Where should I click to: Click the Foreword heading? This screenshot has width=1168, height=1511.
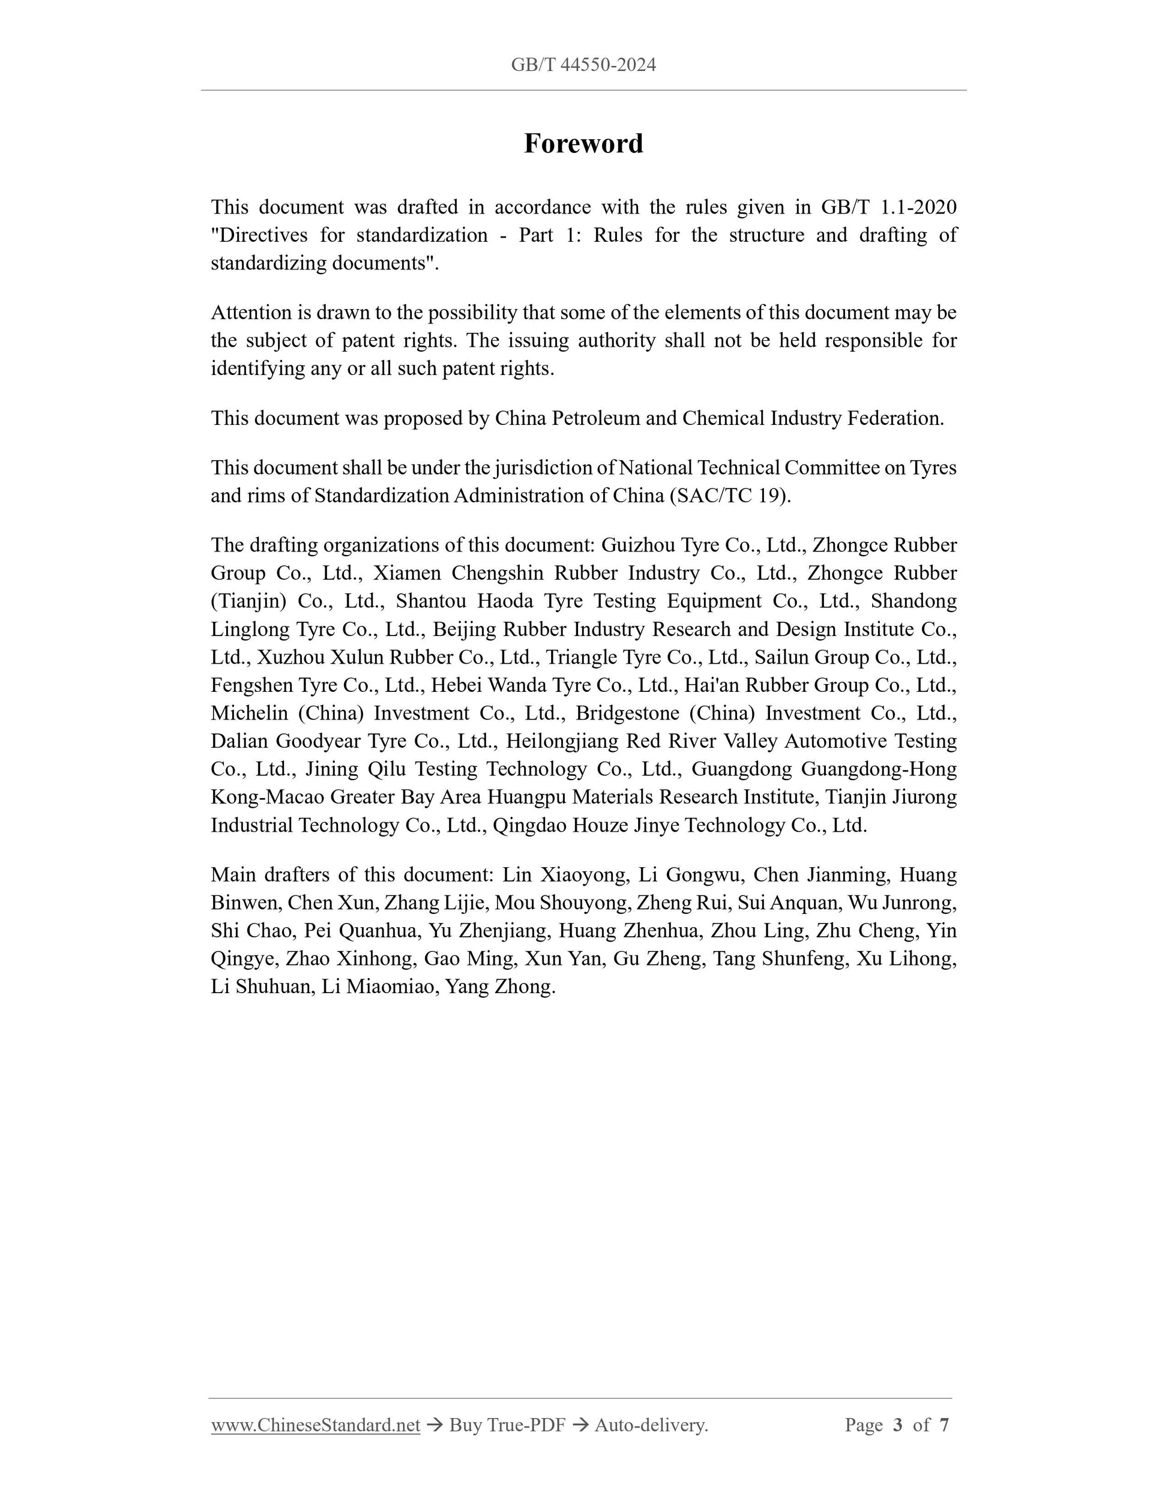click(x=583, y=144)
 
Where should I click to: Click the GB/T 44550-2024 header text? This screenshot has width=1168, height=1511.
click(x=583, y=65)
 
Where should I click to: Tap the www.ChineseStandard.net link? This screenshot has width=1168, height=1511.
click(x=316, y=1425)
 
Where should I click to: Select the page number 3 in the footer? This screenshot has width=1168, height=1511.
click(x=898, y=1425)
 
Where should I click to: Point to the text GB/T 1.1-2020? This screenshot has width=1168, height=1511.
click(x=888, y=207)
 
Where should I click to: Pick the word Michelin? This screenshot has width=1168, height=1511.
click(x=249, y=713)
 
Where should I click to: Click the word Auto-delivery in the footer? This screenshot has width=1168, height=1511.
click(x=651, y=1425)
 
